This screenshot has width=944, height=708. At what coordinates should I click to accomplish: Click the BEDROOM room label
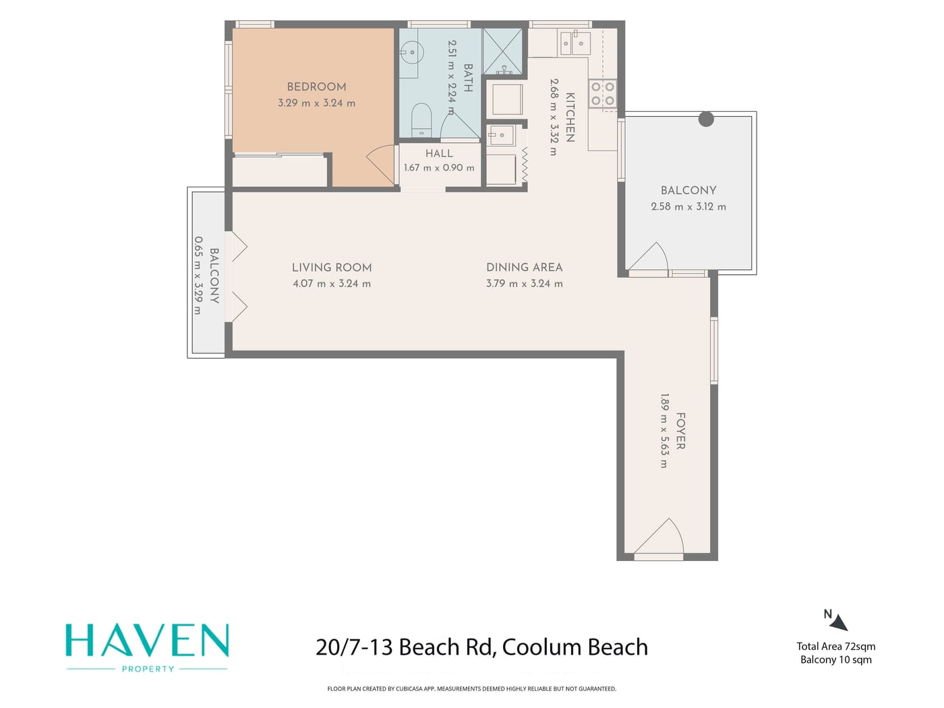tap(316, 87)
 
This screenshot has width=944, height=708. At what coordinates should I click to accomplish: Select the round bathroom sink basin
tap(411, 53)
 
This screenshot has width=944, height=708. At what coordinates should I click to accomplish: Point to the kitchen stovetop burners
tap(602, 93)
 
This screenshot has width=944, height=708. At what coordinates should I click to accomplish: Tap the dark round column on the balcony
tap(706, 119)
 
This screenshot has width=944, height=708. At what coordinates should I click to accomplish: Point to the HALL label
tap(439, 154)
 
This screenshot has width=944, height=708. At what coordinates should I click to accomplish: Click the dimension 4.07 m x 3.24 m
tap(332, 284)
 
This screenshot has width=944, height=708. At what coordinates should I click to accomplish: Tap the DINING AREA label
tap(524, 268)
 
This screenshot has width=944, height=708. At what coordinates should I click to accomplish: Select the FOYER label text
tap(680, 431)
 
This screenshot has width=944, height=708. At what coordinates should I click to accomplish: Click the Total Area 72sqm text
tap(835, 647)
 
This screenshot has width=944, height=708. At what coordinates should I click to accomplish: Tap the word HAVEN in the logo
tap(147, 641)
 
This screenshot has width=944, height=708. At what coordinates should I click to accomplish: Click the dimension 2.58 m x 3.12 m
tap(688, 207)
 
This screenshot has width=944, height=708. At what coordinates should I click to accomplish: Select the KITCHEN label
tap(570, 117)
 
